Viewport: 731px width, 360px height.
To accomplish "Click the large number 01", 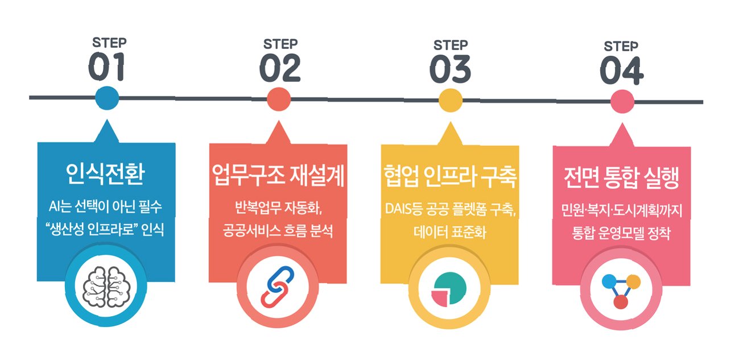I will click(x=106, y=68).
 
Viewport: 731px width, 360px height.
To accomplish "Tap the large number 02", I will click(x=279, y=69).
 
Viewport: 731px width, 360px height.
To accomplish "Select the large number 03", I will click(x=450, y=69).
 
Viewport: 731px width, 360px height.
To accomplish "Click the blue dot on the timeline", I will click(x=107, y=98).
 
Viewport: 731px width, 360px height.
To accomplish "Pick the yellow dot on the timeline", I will click(x=451, y=100).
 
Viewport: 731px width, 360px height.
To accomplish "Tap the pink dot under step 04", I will click(x=622, y=102).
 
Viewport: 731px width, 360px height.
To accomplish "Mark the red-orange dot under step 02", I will click(x=279, y=98).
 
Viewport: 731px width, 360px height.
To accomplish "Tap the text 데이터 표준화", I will click(x=449, y=233).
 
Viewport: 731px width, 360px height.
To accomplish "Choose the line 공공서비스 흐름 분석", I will click(x=278, y=232).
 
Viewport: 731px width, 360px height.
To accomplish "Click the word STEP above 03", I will click(x=450, y=45).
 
